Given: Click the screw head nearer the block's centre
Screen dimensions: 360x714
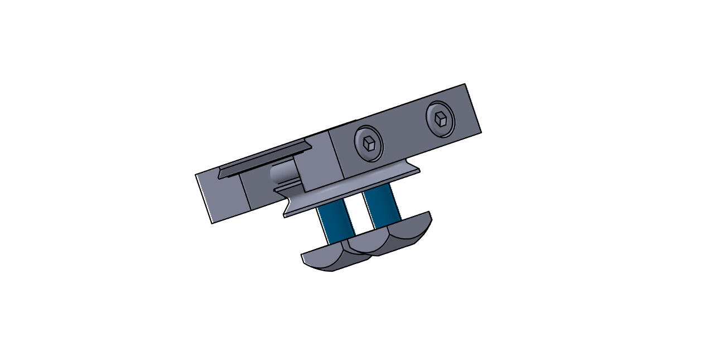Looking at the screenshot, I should click(x=369, y=143).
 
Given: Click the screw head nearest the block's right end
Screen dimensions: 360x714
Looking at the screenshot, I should click(x=440, y=118).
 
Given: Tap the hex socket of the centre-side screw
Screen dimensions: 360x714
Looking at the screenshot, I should click(x=369, y=143).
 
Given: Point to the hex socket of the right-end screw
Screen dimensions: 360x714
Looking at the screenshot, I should click(x=441, y=118).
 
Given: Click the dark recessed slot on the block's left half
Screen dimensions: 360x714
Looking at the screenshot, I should click(x=265, y=162).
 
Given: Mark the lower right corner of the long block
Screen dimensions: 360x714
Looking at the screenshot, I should click(x=481, y=132).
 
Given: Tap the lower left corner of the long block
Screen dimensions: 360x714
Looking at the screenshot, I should click(x=211, y=223).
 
